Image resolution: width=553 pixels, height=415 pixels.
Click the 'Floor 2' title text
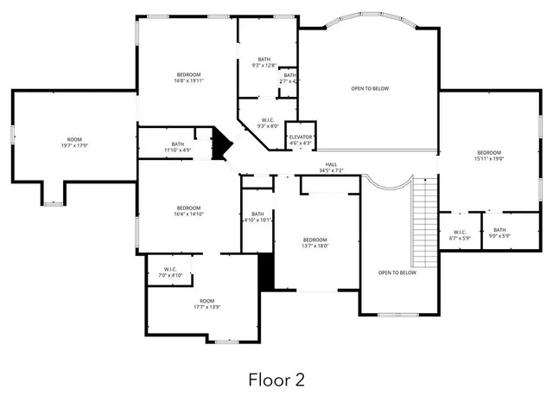pyautogui.click(x=276, y=379)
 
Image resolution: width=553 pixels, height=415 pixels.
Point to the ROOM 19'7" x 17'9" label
pyautogui.click(x=75, y=143)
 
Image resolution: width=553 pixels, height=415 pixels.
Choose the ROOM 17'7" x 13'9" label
pyautogui.click(x=206, y=303)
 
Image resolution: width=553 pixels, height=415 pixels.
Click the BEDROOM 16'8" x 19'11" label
pyautogui.click(x=189, y=78)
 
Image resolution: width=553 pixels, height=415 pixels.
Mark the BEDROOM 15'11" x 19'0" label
pyautogui.click(x=488, y=156)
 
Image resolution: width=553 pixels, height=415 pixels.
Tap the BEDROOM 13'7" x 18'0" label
pyautogui.click(x=315, y=242)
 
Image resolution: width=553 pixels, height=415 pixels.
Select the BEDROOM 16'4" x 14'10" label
pyautogui.click(x=189, y=211)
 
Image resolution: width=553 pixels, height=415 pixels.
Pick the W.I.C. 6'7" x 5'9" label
pyautogui.click(x=460, y=233)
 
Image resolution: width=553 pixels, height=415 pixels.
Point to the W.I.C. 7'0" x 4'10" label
pyautogui.click(x=169, y=272)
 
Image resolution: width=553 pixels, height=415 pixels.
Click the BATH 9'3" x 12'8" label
pyautogui.click(x=264, y=62)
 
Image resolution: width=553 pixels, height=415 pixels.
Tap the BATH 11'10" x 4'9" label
pyautogui.click(x=177, y=147)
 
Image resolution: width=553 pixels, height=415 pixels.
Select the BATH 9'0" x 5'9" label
pyautogui.click(x=499, y=233)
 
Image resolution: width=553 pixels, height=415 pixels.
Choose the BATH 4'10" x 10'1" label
pyautogui.click(x=257, y=217)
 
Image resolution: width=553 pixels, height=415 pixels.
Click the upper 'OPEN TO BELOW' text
pyautogui.click(x=369, y=88)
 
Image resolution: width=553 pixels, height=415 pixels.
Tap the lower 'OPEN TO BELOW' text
pyautogui.click(x=397, y=272)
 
